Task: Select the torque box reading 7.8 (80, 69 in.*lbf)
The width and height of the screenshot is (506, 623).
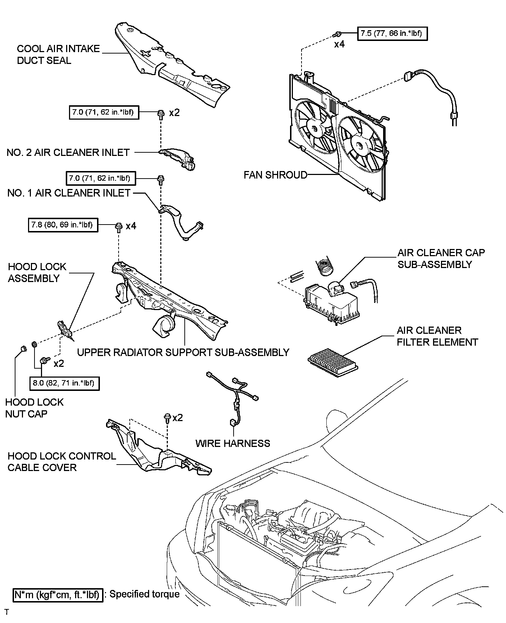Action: click(x=63, y=225)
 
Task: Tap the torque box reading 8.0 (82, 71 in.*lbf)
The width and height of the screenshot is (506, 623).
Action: click(x=64, y=383)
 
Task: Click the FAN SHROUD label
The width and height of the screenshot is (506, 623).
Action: click(x=275, y=175)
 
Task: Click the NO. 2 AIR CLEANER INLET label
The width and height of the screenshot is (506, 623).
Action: click(x=68, y=152)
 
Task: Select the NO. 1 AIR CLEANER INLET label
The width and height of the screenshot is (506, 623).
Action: click(x=69, y=193)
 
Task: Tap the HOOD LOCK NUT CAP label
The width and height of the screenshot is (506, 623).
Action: click(x=34, y=408)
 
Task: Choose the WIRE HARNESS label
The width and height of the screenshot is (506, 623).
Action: click(x=233, y=443)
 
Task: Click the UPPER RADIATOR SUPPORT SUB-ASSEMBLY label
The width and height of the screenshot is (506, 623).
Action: click(x=183, y=352)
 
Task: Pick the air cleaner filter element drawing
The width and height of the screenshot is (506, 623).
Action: click(x=333, y=361)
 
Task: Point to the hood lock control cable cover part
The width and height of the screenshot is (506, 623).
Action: click(x=158, y=449)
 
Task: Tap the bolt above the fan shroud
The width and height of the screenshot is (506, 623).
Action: click(x=337, y=34)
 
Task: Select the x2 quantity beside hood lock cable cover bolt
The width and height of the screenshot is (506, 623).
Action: click(x=178, y=417)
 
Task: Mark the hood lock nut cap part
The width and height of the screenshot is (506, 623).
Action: click(x=23, y=349)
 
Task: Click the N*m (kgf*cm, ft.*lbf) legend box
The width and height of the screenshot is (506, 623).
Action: click(x=57, y=595)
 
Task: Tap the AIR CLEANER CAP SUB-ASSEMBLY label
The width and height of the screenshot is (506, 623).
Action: click(x=441, y=258)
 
